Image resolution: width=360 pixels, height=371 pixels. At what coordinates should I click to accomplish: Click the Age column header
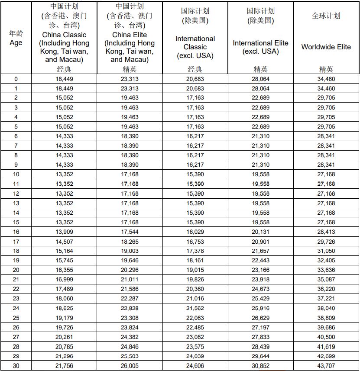[x=16, y=42]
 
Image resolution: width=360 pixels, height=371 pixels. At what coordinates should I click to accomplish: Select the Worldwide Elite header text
[x=326, y=47]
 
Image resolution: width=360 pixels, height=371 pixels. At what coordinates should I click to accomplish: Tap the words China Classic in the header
[x=64, y=35]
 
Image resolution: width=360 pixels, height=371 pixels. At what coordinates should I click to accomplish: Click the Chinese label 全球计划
[x=326, y=16]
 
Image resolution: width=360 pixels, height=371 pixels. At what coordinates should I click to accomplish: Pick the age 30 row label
[x=16, y=366]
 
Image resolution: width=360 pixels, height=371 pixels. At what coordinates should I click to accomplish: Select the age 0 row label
[x=16, y=79]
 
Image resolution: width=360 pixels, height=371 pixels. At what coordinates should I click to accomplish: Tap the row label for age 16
[x=16, y=232]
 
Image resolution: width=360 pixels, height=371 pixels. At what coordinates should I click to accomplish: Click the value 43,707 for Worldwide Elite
[x=326, y=366]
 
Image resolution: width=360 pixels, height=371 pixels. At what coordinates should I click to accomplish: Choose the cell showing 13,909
[x=64, y=232]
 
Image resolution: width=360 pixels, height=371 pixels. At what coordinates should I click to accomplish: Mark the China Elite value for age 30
[x=130, y=366]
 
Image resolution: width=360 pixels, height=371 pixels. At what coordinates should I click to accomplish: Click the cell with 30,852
[x=260, y=366]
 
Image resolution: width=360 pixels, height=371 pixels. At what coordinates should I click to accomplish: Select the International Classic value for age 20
[x=195, y=270]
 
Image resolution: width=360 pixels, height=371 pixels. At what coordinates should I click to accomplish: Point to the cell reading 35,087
[x=326, y=280]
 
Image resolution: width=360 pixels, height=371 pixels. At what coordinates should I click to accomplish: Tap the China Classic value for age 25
[x=64, y=318]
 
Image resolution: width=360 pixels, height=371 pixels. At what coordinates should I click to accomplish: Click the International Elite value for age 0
[x=260, y=79]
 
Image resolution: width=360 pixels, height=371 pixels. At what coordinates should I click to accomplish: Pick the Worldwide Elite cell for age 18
[x=326, y=251]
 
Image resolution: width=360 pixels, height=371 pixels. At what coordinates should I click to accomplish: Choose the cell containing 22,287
[x=130, y=299]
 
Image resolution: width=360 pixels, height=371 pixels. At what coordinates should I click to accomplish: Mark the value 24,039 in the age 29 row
[x=195, y=356]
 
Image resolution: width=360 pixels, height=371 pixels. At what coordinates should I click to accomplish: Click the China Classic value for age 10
[x=64, y=174]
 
